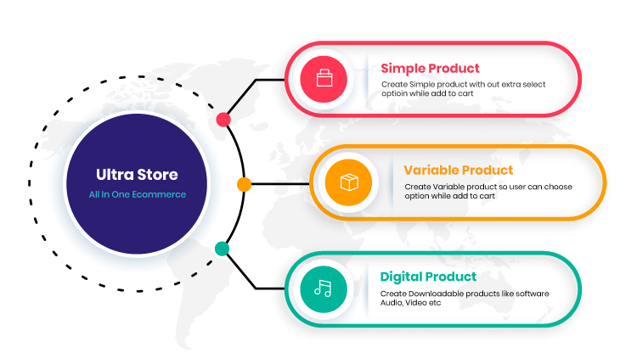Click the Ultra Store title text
pos(137,175)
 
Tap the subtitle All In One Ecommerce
pos(137,194)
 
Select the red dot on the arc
pos(223,119)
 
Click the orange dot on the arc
pos(244,183)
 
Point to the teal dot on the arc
pos(222,249)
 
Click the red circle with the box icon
pos(324,80)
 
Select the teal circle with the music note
pos(324,288)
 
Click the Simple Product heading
pos(430,68)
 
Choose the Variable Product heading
pos(458,170)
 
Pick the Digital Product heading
pos(428,276)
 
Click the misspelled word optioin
pos(396,94)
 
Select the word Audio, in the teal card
pos(393,303)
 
